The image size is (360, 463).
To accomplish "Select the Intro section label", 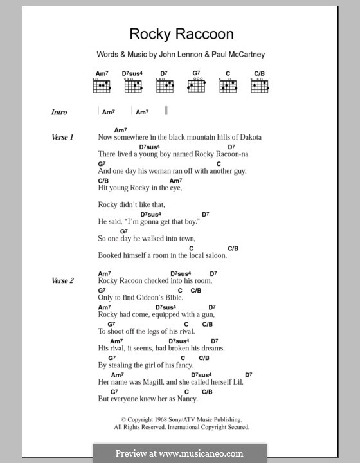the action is coord(59,113).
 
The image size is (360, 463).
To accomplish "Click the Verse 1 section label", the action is coord(63,138).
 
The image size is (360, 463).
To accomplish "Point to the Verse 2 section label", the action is coord(63,281).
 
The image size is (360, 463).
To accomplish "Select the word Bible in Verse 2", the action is coord(173,298).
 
